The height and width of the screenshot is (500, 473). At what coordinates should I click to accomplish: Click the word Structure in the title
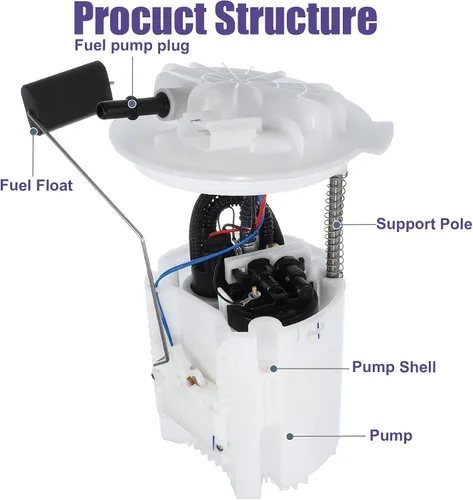click(297, 18)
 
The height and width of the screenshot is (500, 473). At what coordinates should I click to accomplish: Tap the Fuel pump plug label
click(132, 46)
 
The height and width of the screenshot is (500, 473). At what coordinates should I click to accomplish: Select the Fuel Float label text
click(36, 185)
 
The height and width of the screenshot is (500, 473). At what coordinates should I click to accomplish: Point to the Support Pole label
click(424, 224)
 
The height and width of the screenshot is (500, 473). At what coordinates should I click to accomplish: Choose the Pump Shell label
click(394, 367)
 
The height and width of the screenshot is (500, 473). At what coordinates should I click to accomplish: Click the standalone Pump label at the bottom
click(391, 435)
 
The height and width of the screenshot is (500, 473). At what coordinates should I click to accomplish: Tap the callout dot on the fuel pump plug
click(132, 104)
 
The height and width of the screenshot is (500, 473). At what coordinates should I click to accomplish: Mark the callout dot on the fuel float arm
click(34, 131)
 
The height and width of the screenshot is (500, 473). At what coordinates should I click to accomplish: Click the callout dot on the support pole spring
click(337, 225)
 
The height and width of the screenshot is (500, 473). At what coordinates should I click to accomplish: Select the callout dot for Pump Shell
click(273, 368)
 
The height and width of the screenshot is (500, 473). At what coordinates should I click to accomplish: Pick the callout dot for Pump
click(290, 436)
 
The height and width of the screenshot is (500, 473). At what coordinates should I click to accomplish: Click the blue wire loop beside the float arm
click(173, 280)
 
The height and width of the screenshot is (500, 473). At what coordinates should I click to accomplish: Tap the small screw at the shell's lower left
click(218, 448)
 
